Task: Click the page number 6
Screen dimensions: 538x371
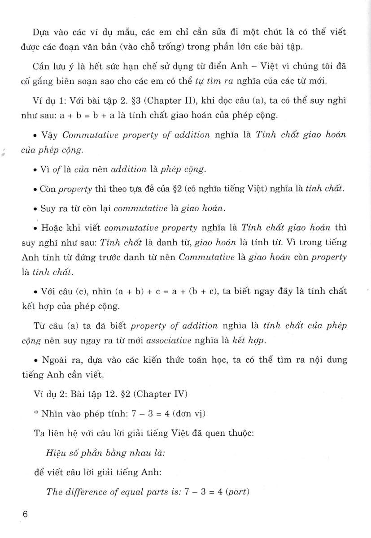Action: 25,514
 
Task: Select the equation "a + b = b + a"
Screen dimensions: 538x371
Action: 81,115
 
